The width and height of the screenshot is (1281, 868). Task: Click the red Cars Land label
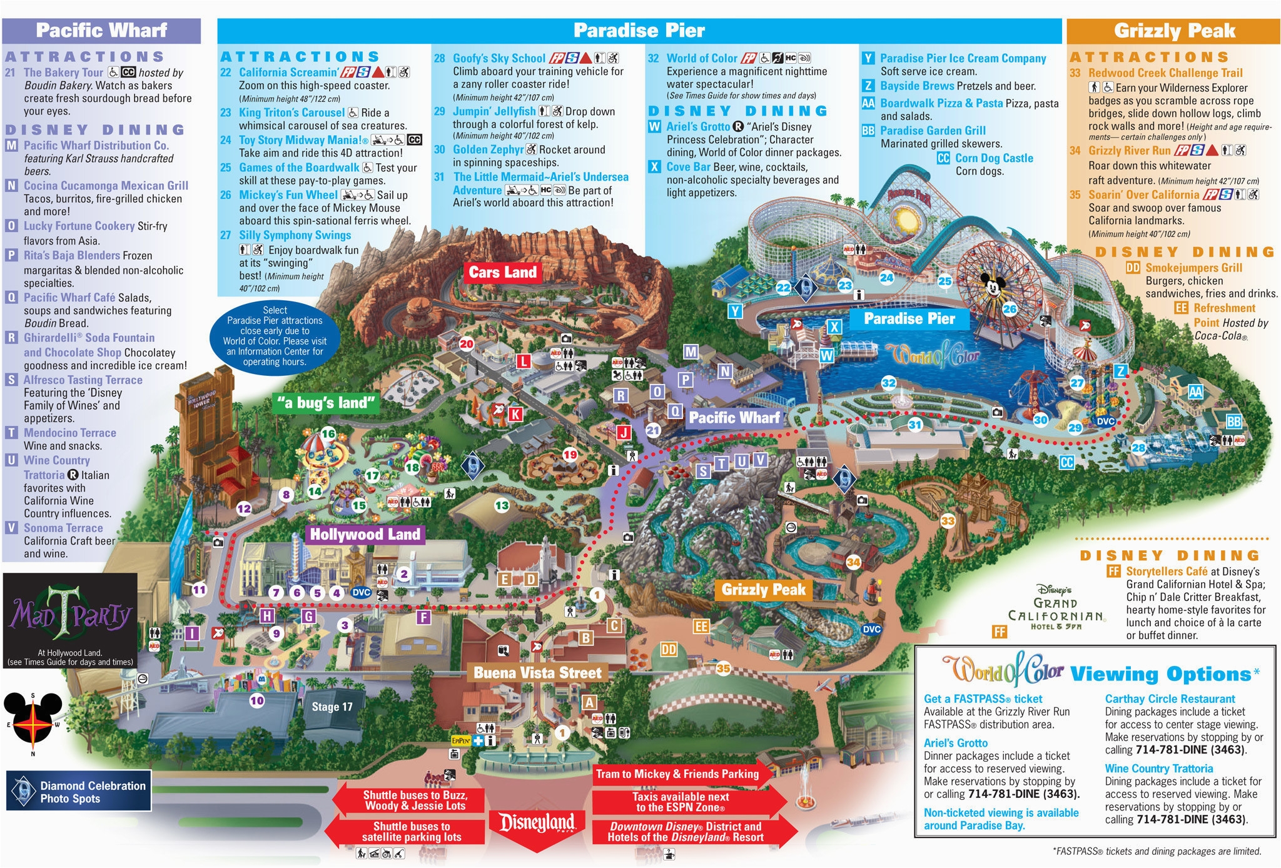(502, 272)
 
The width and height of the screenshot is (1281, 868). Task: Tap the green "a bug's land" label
(327, 403)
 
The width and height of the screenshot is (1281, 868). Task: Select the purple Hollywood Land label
(365, 534)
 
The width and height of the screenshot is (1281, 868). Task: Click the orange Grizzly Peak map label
(763, 589)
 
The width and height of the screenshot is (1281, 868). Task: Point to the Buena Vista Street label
(537, 673)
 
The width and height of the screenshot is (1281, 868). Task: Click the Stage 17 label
(332, 707)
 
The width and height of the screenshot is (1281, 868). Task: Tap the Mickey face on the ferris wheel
(992, 287)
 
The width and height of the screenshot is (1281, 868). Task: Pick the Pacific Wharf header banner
(101, 30)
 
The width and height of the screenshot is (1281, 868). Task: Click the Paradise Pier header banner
(639, 30)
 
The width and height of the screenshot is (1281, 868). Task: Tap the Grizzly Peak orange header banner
(1173, 30)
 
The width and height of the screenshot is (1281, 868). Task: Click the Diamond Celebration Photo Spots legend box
(79, 791)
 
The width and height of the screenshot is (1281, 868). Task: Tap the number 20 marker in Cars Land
(467, 343)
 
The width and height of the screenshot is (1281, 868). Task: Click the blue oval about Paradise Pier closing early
(275, 336)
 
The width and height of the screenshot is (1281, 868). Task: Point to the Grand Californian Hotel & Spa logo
(1055, 609)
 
